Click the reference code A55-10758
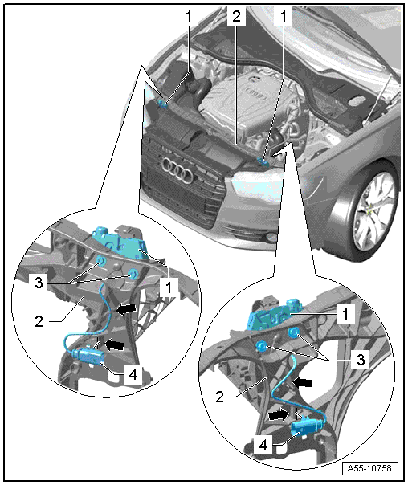[369, 467]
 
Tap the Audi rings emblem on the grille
[177, 169]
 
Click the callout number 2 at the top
[236, 16]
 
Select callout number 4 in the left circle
[133, 375]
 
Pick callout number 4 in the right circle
[263, 446]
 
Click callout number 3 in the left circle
[39, 283]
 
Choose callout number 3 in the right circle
[361, 360]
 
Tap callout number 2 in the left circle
[39, 322]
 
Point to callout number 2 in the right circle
[219, 397]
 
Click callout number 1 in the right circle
[345, 314]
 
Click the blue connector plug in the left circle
[89, 356]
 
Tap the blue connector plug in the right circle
[308, 427]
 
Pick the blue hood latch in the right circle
[273, 315]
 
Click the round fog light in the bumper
[272, 238]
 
